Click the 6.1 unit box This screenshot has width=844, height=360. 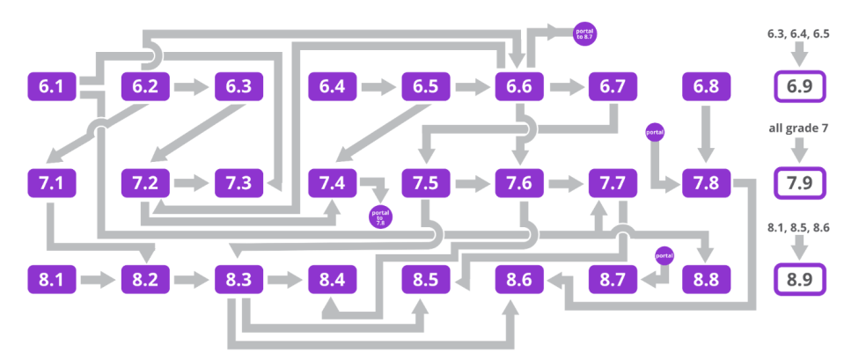[x=52, y=87]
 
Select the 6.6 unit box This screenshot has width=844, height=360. [x=519, y=87]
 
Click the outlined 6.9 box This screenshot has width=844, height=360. [x=800, y=88]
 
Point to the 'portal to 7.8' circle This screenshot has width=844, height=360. [x=381, y=217]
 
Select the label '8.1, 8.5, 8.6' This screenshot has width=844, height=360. [x=800, y=227]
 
